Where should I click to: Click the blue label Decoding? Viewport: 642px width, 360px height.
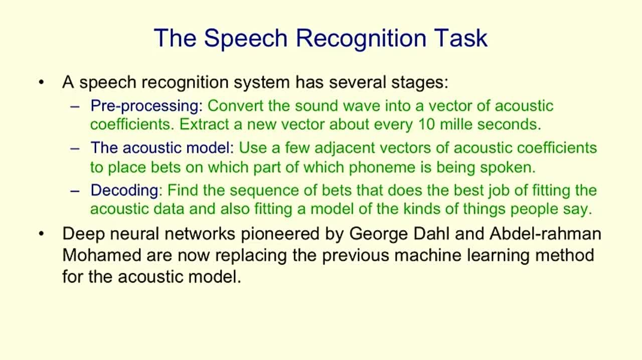pyautogui.click(x=124, y=191)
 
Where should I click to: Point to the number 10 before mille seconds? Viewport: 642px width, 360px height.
pyautogui.click(x=425, y=124)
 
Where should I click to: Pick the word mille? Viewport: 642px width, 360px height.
pyautogui.click(x=456, y=124)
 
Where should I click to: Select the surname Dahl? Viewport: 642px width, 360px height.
pyautogui.click(x=435, y=234)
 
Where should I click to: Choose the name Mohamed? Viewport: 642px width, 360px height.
pyautogui.click(x=102, y=255)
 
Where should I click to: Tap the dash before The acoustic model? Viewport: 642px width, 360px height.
pyautogui.click(x=75, y=148)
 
